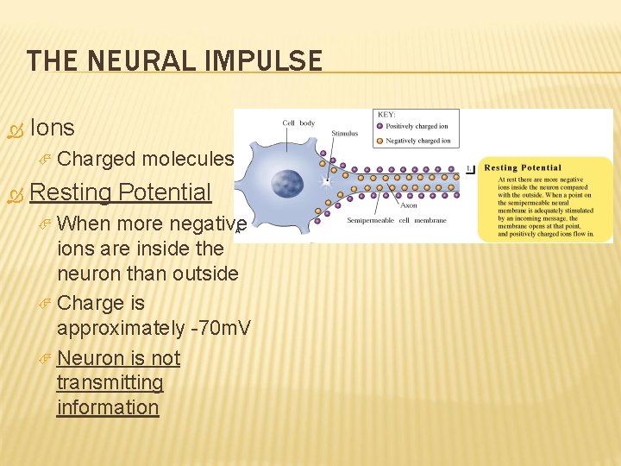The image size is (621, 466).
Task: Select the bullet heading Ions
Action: [x=53, y=128]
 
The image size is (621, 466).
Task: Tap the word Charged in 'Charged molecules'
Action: [x=96, y=159]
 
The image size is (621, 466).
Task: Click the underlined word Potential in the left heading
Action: [x=165, y=192]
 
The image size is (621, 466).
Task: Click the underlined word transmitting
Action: [x=110, y=382]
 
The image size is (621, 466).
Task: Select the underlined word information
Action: [x=108, y=406]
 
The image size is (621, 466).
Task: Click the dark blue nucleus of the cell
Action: [x=287, y=184]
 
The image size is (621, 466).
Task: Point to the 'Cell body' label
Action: [x=300, y=123]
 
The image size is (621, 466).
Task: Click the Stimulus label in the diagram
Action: [x=344, y=135]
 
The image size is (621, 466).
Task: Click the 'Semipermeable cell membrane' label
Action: [x=397, y=221]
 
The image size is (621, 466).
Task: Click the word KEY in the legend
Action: [x=386, y=115]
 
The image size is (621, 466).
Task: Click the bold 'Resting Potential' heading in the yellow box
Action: [x=523, y=167]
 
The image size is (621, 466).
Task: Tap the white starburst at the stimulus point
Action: [x=326, y=182]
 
